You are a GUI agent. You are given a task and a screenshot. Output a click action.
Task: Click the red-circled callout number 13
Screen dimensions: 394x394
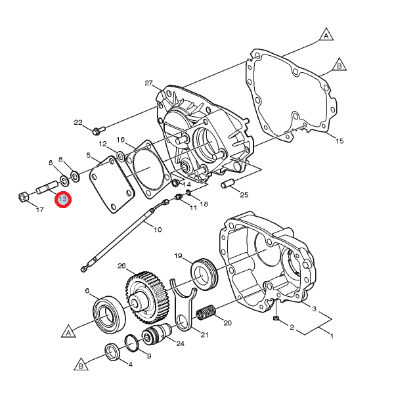(x=63, y=199)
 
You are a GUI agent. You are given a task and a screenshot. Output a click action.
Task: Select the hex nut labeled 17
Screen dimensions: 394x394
(x=24, y=196)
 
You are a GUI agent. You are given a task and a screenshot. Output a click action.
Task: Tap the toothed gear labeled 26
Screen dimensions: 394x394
(x=147, y=298)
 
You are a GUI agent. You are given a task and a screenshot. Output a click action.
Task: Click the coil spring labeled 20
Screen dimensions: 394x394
(x=206, y=313)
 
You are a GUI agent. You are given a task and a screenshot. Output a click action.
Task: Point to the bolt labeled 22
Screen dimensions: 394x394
(x=99, y=131)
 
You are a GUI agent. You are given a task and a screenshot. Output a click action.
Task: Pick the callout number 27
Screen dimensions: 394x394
(x=149, y=83)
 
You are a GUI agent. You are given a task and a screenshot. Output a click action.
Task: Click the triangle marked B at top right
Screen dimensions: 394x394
(x=339, y=65)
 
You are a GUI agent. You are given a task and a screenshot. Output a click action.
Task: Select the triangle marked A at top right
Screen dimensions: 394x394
(x=326, y=35)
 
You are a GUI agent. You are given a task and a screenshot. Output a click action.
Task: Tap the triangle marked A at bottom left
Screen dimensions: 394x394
(x=68, y=332)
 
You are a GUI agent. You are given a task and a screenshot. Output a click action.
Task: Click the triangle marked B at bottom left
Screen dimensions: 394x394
(x=81, y=364)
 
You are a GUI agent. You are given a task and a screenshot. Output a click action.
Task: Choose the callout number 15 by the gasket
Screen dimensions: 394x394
(x=339, y=141)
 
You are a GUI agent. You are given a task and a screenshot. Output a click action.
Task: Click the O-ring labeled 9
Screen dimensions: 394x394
(x=131, y=343)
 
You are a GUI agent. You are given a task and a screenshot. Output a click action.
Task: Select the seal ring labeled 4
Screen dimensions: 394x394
(x=112, y=351)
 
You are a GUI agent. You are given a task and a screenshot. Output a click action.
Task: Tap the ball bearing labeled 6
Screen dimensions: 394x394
(x=109, y=315)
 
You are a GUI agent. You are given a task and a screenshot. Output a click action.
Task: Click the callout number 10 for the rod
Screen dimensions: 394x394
(x=158, y=229)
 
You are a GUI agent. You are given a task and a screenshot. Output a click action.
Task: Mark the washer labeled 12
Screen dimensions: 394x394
(x=120, y=156)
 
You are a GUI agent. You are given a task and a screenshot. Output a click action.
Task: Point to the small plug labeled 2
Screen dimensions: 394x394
(x=276, y=318)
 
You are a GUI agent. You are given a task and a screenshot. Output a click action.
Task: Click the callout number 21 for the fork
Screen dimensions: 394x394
(x=204, y=334)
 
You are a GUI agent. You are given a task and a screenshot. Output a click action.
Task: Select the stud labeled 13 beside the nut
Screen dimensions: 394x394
(x=47, y=187)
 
